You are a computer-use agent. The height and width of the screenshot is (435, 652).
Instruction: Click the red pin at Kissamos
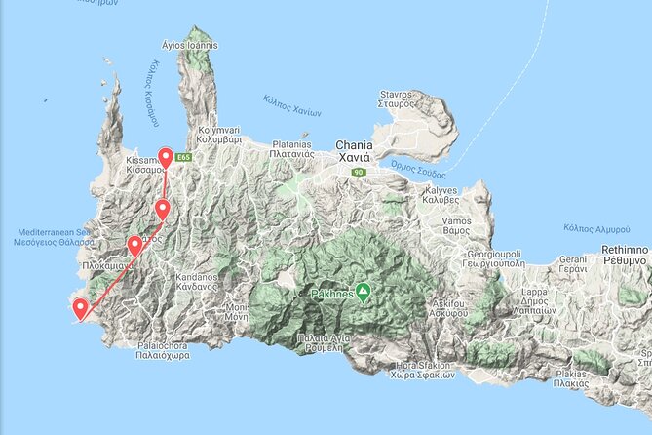coord(166,158)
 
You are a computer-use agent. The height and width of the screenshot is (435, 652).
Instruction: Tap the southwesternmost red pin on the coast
coord(80,309)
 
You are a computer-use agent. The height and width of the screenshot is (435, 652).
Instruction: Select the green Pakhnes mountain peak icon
coord(363,291)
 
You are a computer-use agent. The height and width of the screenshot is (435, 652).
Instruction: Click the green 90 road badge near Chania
coord(359,172)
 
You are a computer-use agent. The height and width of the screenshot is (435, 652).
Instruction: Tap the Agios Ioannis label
coord(191,45)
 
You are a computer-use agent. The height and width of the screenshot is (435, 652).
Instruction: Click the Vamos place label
coord(459,229)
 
